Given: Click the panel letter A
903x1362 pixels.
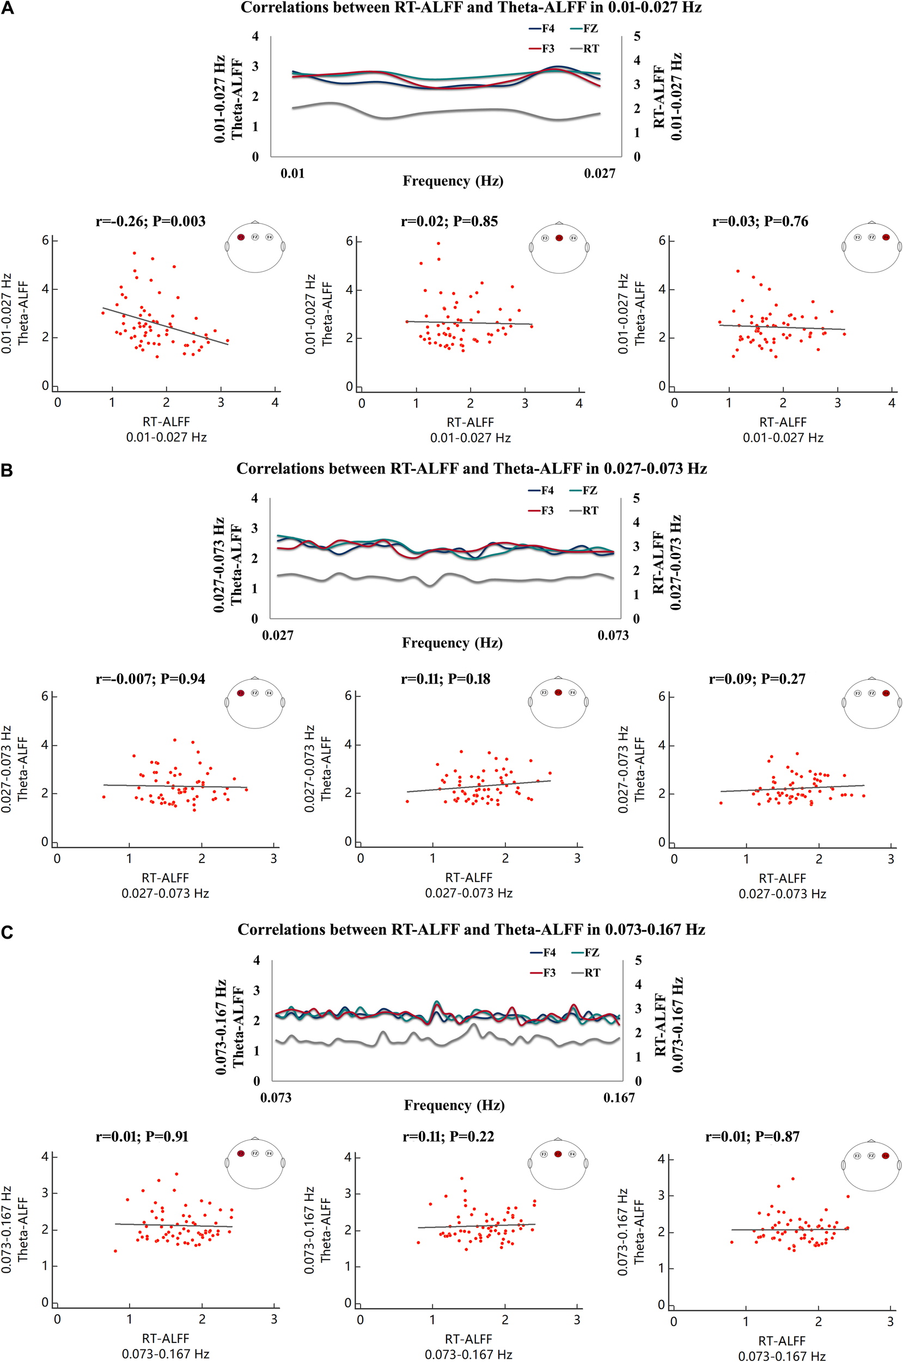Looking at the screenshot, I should (x=8, y=9).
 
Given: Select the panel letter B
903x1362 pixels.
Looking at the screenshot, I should (x=7, y=471).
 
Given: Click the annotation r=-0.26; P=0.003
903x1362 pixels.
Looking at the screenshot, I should (x=150, y=222).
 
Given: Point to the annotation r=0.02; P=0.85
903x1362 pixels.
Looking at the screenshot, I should (x=449, y=222).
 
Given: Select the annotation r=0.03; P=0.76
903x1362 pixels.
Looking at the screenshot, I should (x=760, y=222).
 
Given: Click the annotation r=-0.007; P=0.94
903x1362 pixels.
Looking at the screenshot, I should (x=150, y=679).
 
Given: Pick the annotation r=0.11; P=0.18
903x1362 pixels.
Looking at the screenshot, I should (x=446, y=679).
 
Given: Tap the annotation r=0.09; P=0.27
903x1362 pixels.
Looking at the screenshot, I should (x=756, y=679).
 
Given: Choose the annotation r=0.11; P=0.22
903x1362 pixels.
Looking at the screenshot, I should (x=448, y=1136).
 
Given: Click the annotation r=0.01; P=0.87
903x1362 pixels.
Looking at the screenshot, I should (x=752, y=1136).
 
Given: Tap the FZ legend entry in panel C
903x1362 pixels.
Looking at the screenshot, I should (x=585, y=952).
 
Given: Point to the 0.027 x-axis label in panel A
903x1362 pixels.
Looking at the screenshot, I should (x=600, y=173).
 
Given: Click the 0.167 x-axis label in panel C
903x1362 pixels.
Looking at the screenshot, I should (x=619, y=1098).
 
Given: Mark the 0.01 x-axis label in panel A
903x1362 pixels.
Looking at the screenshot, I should (x=292, y=173).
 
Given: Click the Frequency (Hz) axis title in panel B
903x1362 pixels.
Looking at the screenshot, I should (x=452, y=643).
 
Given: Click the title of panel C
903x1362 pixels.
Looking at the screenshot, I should (x=471, y=929).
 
